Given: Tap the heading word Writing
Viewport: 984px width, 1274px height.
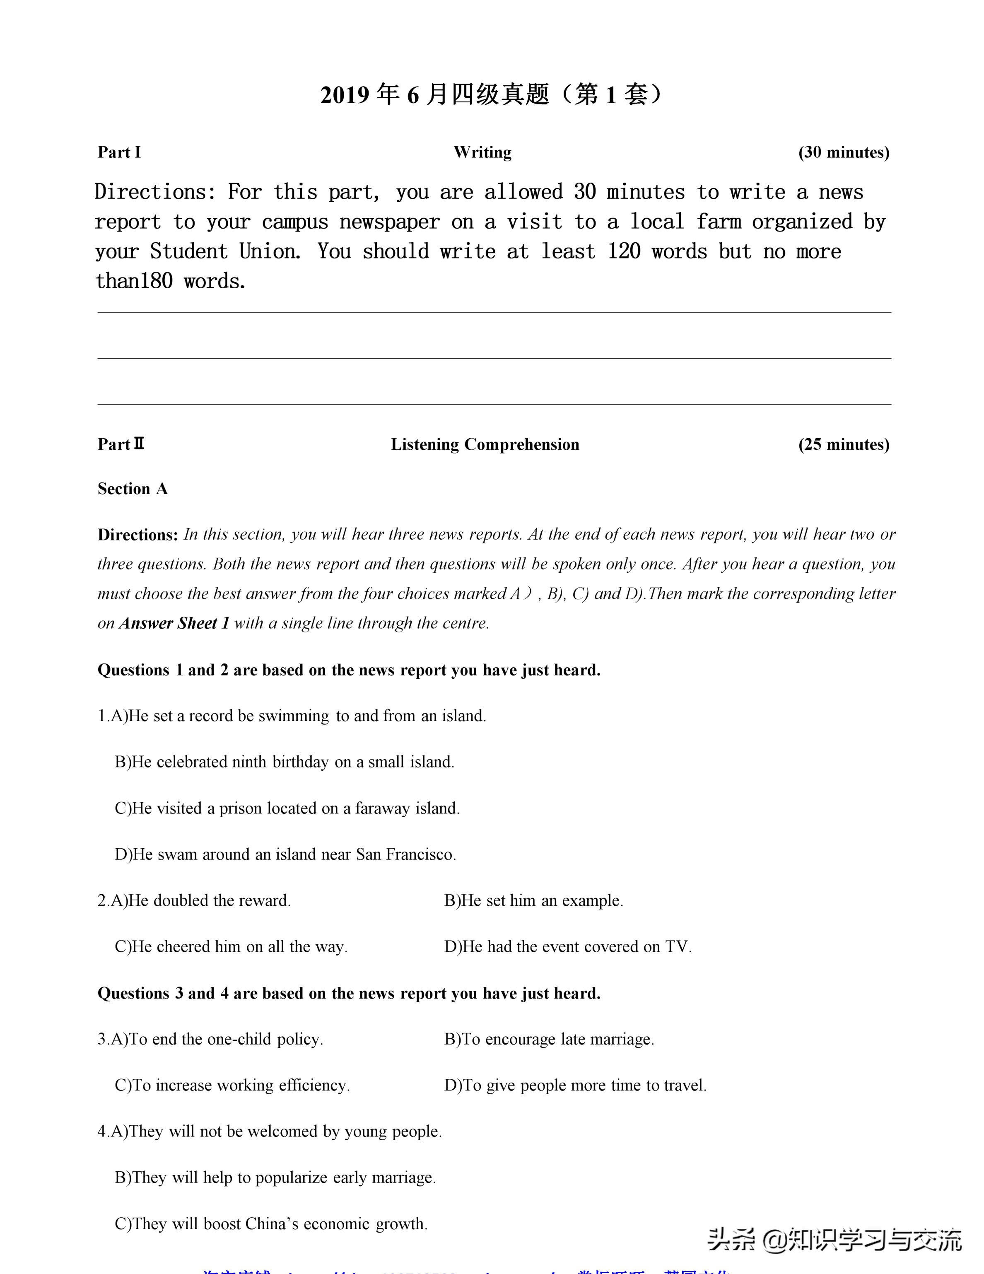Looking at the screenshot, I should tap(482, 152).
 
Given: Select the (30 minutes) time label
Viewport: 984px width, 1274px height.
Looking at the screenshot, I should tap(844, 152).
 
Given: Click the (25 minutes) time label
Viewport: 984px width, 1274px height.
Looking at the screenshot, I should tap(844, 444).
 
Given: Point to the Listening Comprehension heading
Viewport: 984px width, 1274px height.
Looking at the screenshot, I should tap(485, 444).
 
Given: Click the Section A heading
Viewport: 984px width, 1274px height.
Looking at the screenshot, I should tap(133, 489).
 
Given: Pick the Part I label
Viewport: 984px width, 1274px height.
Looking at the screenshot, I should tap(119, 152).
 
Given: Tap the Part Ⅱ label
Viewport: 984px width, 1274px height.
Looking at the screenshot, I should tap(121, 444).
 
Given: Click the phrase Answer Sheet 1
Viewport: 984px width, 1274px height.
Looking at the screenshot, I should tap(174, 623).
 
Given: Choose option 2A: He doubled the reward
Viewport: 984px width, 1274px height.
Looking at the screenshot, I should tap(194, 901).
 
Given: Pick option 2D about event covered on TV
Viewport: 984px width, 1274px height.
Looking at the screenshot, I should tap(567, 947).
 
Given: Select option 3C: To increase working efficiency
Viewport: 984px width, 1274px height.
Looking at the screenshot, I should tap(232, 1086).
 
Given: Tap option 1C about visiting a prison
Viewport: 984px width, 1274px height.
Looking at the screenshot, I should tap(287, 808).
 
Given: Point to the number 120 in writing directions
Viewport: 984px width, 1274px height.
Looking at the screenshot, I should tap(624, 251).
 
